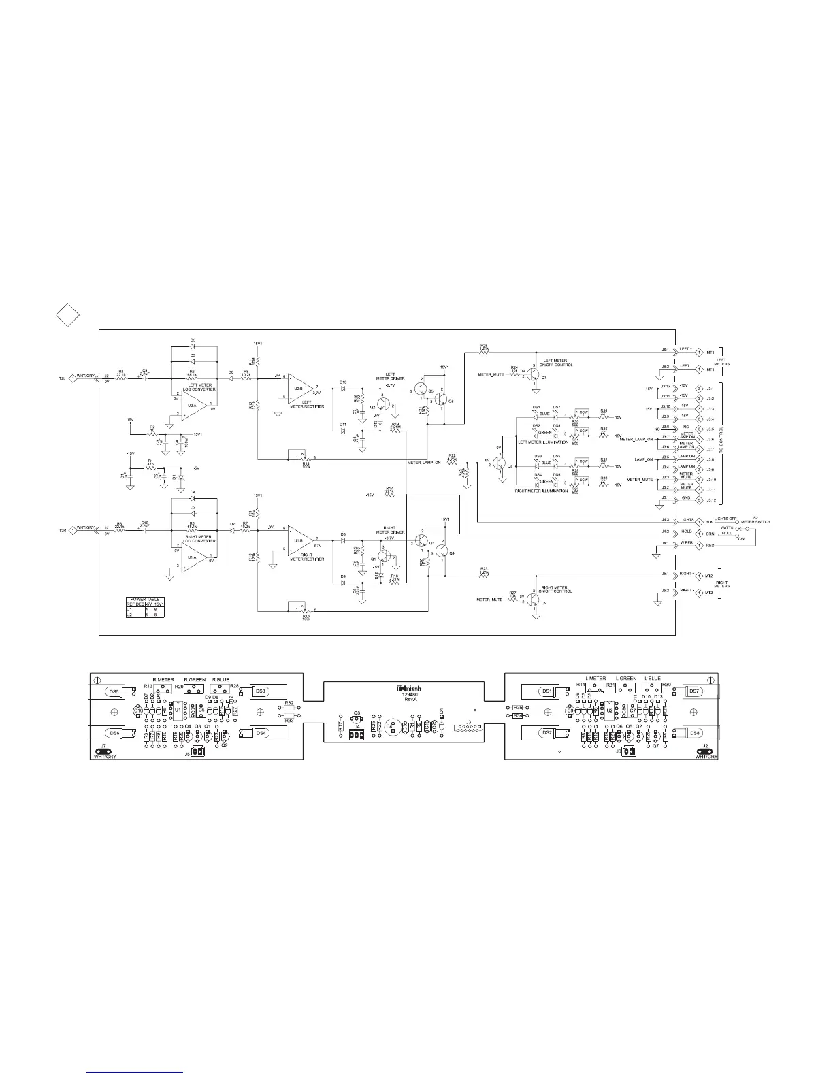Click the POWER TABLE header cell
tap(144, 599)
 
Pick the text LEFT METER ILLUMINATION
tap(543, 442)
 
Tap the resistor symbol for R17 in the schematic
tap(389, 495)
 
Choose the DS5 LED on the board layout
tap(114, 691)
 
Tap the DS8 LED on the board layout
tap(695, 733)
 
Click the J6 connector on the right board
tap(627, 752)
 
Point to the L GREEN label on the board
tap(625, 679)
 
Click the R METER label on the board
tap(163, 679)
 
